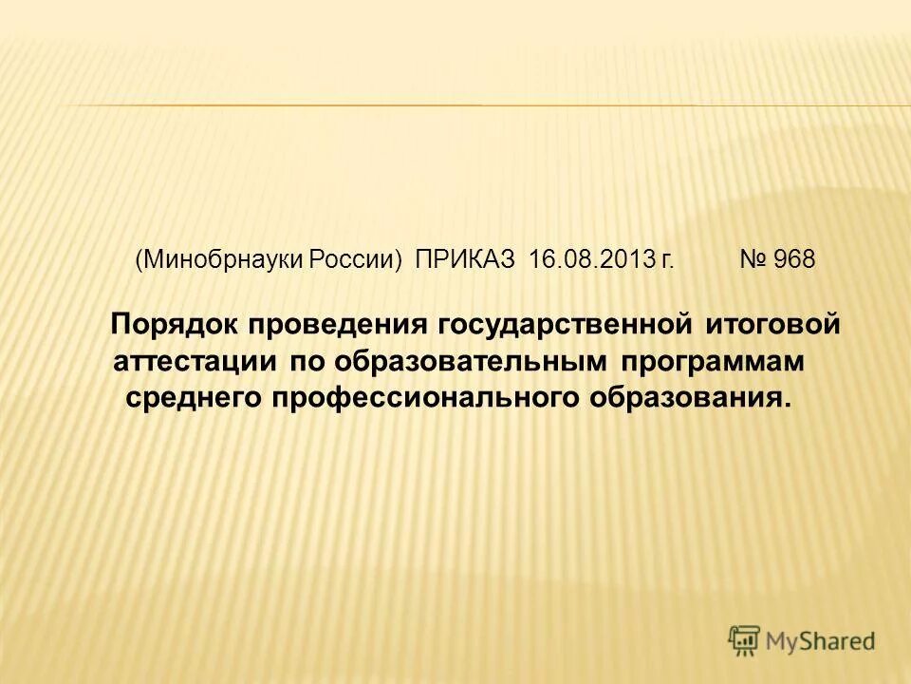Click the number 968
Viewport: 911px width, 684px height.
(x=794, y=260)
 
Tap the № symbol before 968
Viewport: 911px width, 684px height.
(x=753, y=260)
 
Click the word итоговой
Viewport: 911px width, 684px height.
(x=772, y=325)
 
